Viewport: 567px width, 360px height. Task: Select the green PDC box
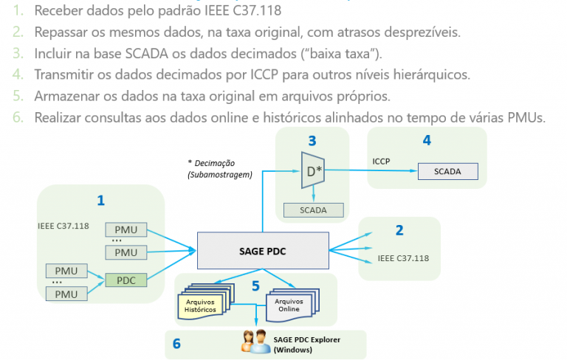pos(126,280)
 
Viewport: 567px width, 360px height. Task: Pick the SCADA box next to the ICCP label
pos(447,171)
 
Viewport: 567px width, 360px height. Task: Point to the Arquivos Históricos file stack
pos(203,305)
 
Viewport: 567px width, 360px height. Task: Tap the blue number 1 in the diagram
pos(100,199)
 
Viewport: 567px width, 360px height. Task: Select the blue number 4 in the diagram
pos(427,139)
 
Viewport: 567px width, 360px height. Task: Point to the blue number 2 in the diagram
pos(399,229)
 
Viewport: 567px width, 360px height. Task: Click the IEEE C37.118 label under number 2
pos(403,258)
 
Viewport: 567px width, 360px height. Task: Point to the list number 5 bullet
pos(17,96)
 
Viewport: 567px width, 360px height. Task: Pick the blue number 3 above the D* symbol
pos(312,140)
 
